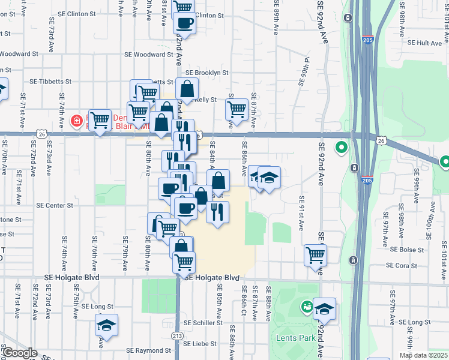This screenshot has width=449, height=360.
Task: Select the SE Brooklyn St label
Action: tap(207, 73)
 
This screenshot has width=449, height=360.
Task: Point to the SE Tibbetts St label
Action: tap(51, 81)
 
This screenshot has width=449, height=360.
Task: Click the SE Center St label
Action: tap(54, 205)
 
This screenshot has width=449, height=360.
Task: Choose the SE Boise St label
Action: tap(407, 250)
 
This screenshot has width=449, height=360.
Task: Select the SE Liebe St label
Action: tap(200, 344)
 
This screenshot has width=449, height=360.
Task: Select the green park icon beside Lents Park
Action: tap(308, 308)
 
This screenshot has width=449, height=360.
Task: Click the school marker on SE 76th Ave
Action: tap(106, 325)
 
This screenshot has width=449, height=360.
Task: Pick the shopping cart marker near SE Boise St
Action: tap(315, 254)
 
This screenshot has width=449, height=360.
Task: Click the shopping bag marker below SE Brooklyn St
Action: tap(187, 89)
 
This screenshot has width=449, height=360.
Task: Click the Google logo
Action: tap(19, 353)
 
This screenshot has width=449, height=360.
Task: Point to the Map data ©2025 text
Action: tap(423, 355)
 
